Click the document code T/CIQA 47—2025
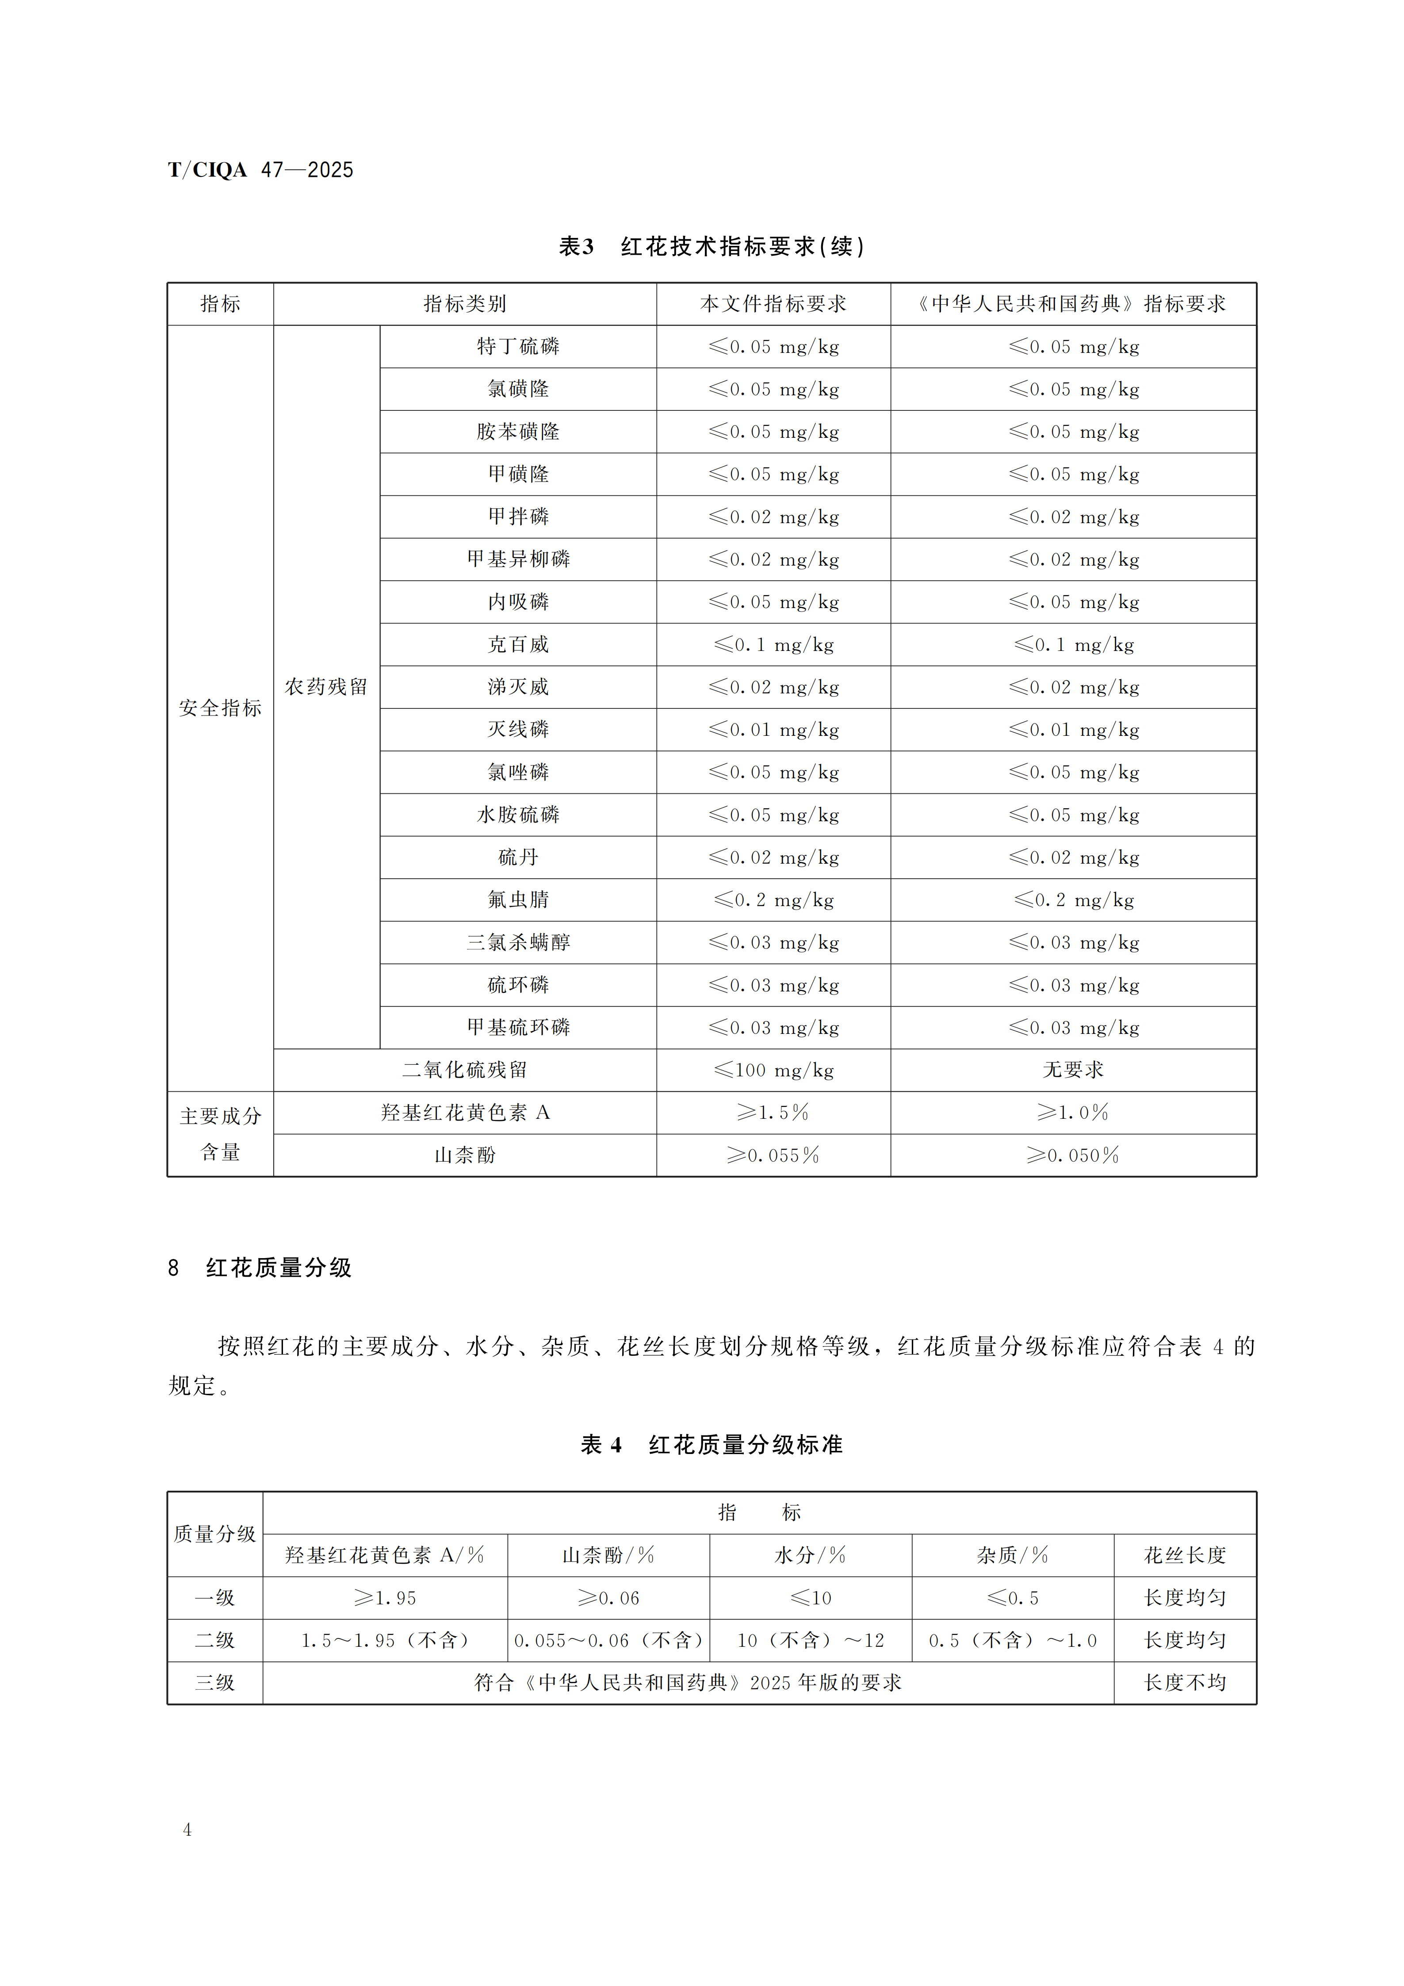260,169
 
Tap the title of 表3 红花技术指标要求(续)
711,246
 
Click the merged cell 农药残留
326,687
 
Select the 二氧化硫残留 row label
465,1070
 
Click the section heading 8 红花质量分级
260,1268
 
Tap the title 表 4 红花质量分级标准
711,1445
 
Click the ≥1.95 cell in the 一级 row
385,1598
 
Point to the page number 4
187,1829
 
